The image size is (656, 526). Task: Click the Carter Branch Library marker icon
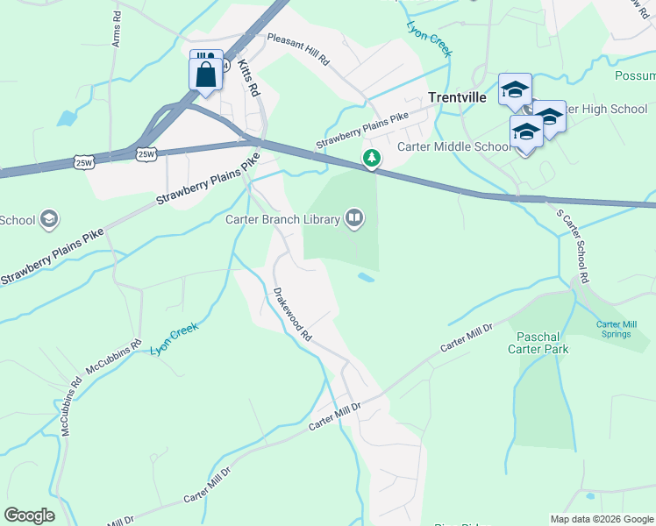[354, 217]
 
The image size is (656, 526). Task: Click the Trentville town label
[457, 98]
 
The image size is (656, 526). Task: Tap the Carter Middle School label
[453, 146]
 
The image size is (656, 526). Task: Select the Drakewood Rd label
[292, 314]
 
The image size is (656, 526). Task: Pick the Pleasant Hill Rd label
[297, 50]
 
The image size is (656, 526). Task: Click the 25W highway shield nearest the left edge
[84, 162]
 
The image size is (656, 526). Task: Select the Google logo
[30, 515]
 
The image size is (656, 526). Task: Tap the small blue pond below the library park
[366, 279]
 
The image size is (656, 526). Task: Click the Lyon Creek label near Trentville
[430, 39]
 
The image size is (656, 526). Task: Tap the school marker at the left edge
[49, 219]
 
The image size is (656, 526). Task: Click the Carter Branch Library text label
[282, 219]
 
